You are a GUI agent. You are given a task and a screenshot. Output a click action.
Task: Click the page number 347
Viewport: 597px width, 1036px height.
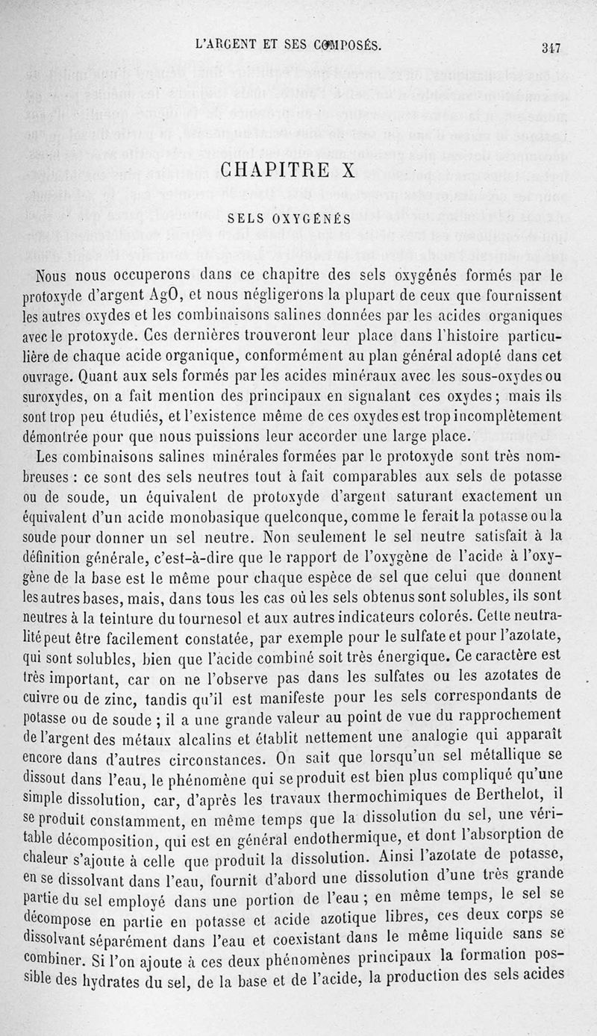[551, 49]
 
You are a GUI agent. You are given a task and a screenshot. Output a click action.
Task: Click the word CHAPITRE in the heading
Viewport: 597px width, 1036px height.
[272, 170]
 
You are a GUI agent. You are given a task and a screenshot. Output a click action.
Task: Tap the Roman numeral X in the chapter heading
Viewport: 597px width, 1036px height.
[348, 170]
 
